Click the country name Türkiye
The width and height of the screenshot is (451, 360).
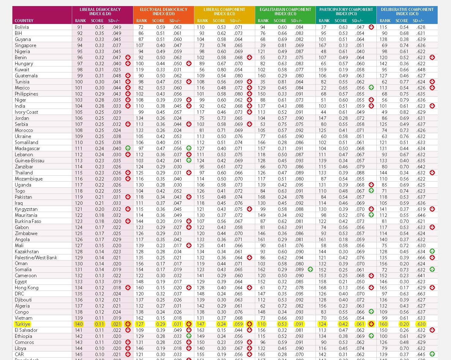[22, 324]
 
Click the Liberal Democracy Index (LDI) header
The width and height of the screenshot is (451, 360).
[100, 12]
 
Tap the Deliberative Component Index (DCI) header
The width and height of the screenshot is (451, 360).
[407, 12]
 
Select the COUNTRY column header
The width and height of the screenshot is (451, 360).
[24, 21]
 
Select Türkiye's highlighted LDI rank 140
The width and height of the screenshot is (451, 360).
[79, 324]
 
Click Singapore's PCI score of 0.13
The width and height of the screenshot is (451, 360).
[343, 45]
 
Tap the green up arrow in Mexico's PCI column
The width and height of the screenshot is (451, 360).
[371, 88]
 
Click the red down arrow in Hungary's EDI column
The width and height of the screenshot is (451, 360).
[189, 63]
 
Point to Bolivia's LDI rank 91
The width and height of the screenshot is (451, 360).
[80, 27]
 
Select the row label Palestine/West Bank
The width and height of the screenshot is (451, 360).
[36, 257]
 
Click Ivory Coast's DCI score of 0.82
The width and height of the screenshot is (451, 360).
[404, 112]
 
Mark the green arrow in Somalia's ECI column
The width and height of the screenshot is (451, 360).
[310, 269]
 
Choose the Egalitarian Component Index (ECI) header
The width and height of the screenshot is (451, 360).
[285, 12]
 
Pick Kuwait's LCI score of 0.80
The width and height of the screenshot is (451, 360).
[221, 69]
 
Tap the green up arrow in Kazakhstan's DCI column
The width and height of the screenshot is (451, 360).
[432, 251]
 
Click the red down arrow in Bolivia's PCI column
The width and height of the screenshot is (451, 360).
[371, 27]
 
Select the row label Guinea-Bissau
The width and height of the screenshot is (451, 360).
[29, 160]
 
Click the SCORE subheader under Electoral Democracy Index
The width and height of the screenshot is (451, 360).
[158, 21]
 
